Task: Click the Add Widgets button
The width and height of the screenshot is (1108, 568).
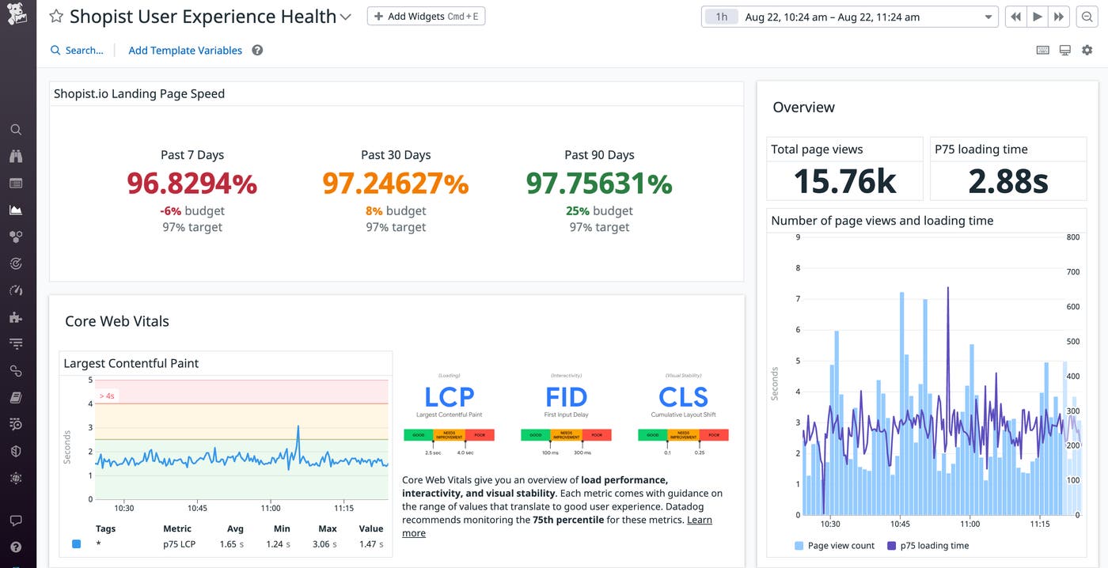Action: click(x=426, y=17)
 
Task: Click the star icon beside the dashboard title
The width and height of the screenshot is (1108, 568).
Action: click(x=56, y=17)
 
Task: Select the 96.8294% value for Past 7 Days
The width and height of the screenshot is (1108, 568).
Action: click(x=192, y=184)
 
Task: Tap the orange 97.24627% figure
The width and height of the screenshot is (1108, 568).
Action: click(x=395, y=184)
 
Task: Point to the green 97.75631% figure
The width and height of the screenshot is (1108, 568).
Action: click(x=599, y=184)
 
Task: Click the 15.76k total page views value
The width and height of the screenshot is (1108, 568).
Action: click(x=844, y=181)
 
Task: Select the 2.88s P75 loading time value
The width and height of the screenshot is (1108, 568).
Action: click(x=1007, y=181)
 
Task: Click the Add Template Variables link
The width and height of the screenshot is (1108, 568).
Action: click(x=185, y=50)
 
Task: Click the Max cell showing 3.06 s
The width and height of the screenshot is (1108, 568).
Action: click(x=327, y=544)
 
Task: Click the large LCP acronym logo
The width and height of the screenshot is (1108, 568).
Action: click(x=449, y=396)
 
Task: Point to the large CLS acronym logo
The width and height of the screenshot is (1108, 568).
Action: click(x=683, y=396)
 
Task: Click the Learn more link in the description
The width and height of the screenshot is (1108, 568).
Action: click(x=699, y=520)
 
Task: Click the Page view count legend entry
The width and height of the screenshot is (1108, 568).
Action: click(x=840, y=545)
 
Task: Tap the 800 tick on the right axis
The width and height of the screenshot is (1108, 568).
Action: click(x=1072, y=237)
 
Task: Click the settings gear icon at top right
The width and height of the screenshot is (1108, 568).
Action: click(x=1087, y=50)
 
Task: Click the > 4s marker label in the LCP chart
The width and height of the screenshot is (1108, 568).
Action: click(x=107, y=396)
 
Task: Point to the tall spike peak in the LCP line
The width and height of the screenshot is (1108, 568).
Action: click(x=298, y=427)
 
